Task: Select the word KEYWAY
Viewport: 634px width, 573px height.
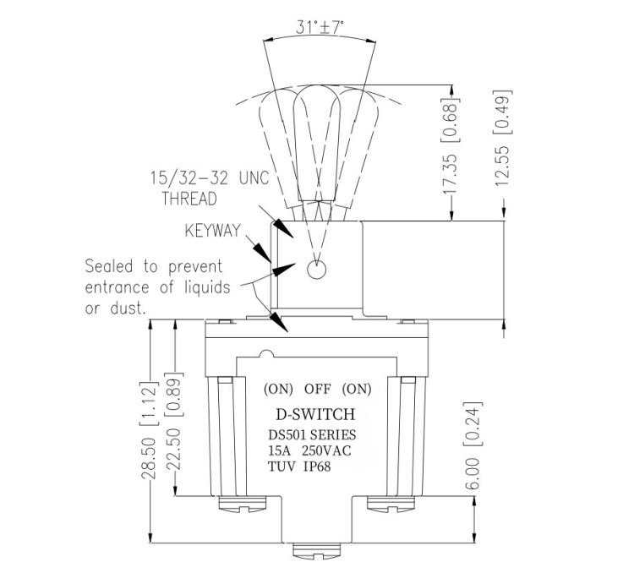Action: (x=211, y=230)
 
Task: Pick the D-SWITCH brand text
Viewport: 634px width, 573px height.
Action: (x=315, y=415)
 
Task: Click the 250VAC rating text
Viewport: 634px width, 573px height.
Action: (x=325, y=450)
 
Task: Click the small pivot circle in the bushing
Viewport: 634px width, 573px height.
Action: (x=317, y=270)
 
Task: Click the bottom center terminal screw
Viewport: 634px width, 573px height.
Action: (x=314, y=552)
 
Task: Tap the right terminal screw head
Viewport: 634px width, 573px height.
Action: (x=388, y=505)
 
